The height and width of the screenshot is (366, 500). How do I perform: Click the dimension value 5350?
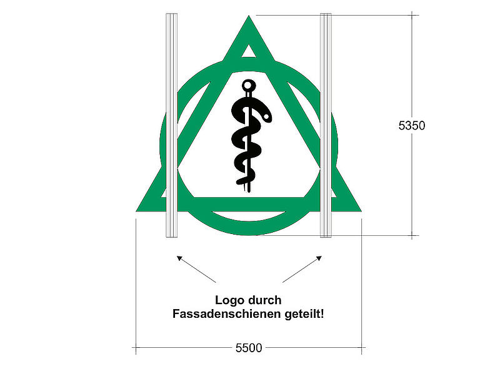click(412, 126)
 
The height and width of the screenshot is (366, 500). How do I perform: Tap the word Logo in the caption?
click(229, 300)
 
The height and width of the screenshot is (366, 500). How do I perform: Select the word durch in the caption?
click(265, 300)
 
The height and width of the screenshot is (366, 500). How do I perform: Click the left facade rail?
click(171, 125)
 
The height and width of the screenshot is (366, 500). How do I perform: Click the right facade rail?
click(325, 125)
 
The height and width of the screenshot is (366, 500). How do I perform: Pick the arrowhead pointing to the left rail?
click(180, 258)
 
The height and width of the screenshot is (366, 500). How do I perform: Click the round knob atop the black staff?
click(248, 84)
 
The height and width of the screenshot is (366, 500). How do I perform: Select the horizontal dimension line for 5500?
click(187, 346)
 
